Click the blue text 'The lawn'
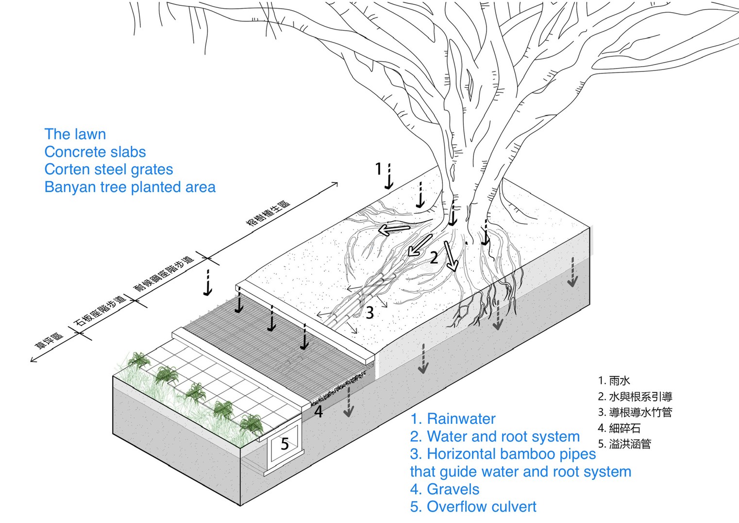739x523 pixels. coord(75,134)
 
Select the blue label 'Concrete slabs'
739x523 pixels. coord(95,152)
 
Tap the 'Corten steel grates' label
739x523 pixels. coord(108,169)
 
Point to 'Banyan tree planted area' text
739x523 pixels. coord(130,187)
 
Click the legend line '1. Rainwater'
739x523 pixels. coord(453,418)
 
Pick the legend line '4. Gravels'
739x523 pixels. coord(444,489)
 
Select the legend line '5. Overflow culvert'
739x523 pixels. coord(473,506)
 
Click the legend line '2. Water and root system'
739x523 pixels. coord(494,436)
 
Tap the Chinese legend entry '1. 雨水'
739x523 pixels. coord(614,381)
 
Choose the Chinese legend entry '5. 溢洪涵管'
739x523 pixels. coord(624,444)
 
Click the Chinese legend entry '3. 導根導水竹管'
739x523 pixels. coord(635,412)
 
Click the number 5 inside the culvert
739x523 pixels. coord(285,444)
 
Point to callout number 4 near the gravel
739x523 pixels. coord(319,412)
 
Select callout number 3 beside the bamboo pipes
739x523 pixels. coord(370,313)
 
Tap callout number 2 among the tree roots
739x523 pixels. coord(434,258)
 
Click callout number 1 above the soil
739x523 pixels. coord(379,169)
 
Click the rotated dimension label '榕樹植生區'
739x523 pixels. coord(269,212)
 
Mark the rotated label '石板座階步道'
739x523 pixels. coord(100,312)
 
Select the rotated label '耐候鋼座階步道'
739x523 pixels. coord(164,273)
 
